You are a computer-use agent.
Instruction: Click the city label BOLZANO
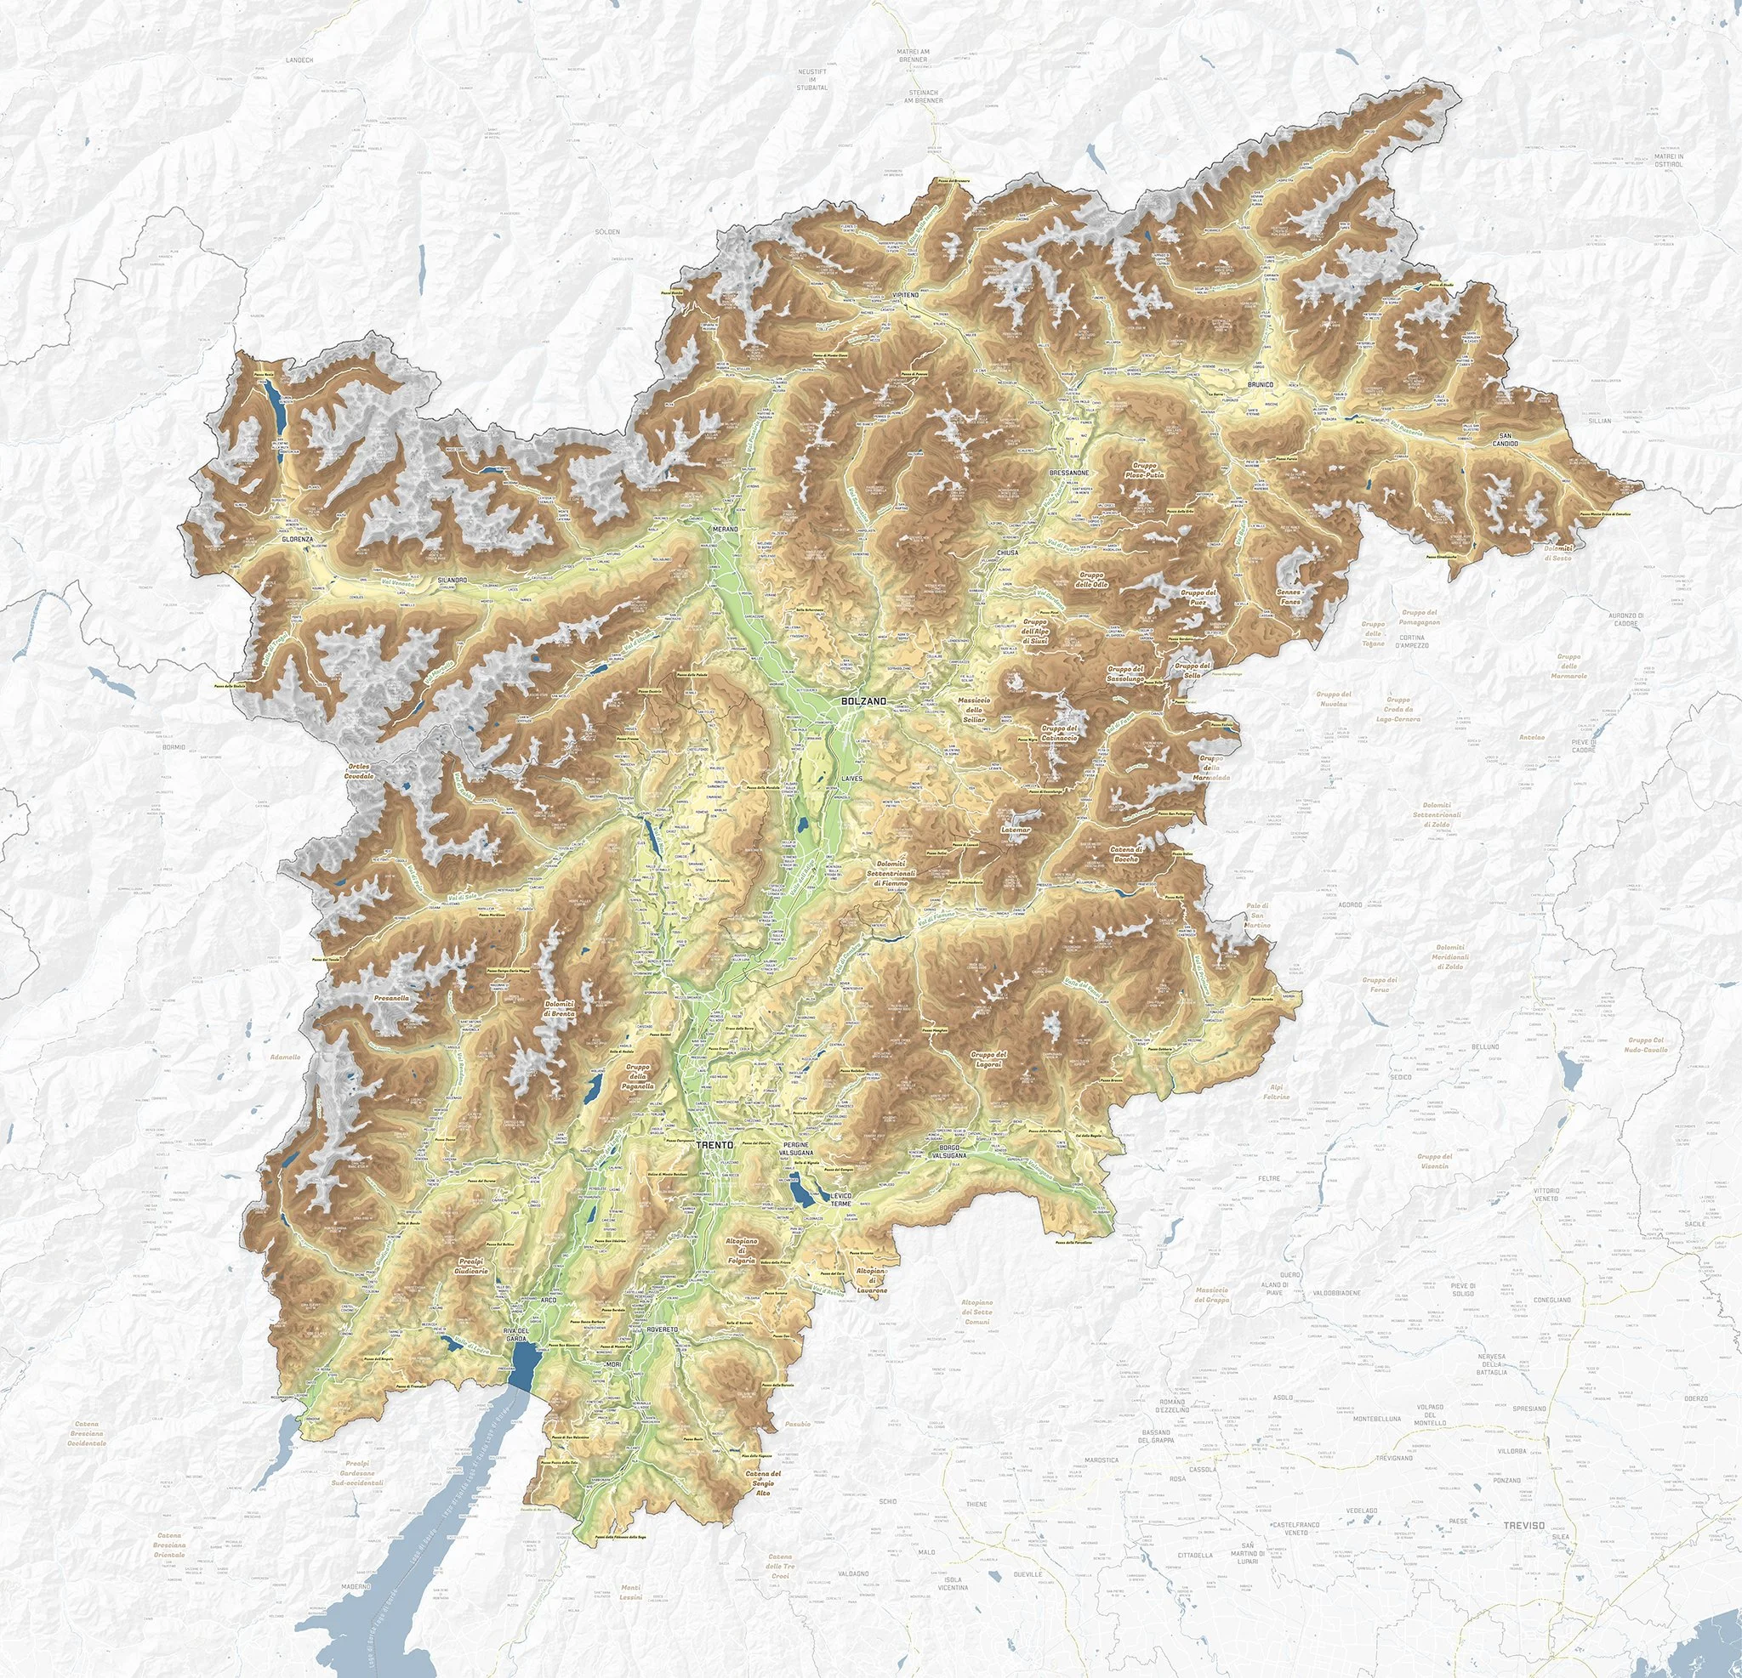click(863, 701)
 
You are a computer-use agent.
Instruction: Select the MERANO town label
click(726, 529)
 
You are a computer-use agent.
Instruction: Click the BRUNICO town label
click(1261, 384)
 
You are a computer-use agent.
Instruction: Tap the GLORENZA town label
click(298, 539)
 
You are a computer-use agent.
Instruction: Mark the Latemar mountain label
click(1014, 829)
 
